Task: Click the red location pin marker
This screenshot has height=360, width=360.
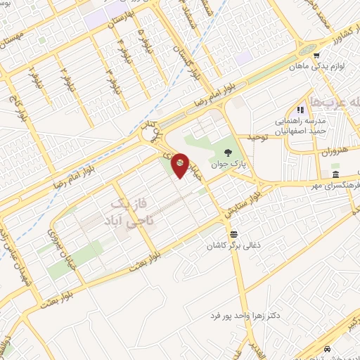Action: tap(180, 165)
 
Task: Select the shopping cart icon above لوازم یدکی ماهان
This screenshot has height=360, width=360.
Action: tap(317, 56)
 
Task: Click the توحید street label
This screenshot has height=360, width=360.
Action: tap(257, 137)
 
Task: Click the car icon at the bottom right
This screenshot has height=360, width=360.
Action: tap(327, 349)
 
